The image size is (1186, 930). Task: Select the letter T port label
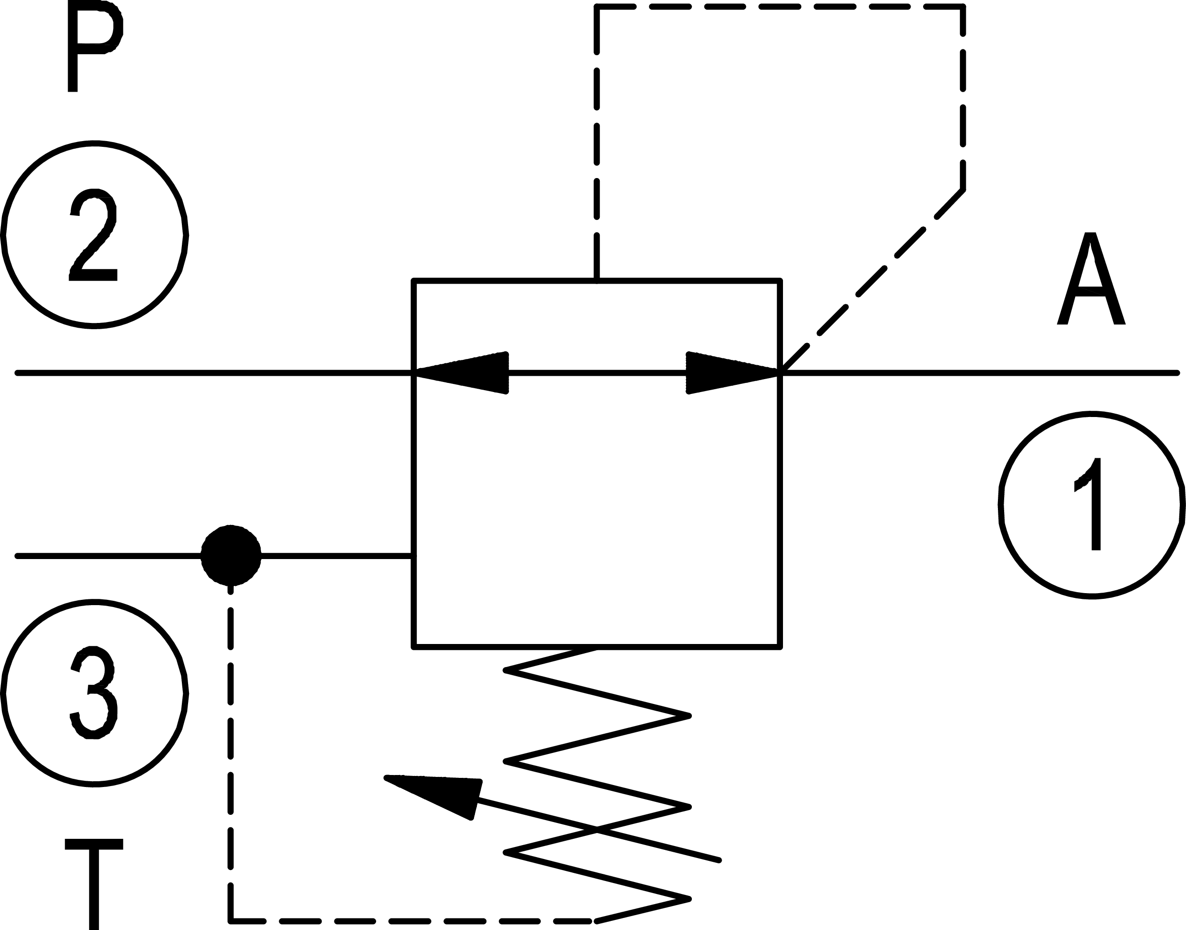coord(94,882)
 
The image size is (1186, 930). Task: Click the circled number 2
coord(94,235)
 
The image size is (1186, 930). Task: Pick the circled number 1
coord(1091,505)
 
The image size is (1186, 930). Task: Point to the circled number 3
coord(94,692)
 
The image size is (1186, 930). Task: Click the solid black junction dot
coord(231,556)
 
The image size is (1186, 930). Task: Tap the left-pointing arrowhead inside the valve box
coord(468,373)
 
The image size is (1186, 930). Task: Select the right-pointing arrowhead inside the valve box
coord(727,373)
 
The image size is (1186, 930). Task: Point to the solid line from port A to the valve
coord(980,373)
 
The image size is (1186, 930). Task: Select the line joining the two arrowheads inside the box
coord(597,373)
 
